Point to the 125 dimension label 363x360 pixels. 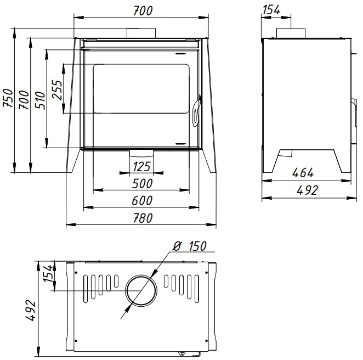[x=142, y=166]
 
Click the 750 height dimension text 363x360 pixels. [x=7, y=102]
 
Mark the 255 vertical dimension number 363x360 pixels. [x=57, y=88]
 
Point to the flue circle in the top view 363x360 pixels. [x=143, y=291]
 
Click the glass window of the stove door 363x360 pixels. [x=142, y=89]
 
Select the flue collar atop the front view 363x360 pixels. [x=142, y=33]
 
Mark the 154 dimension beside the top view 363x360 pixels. [x=48, y=274]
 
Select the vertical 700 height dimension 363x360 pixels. [x=24, y=102]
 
